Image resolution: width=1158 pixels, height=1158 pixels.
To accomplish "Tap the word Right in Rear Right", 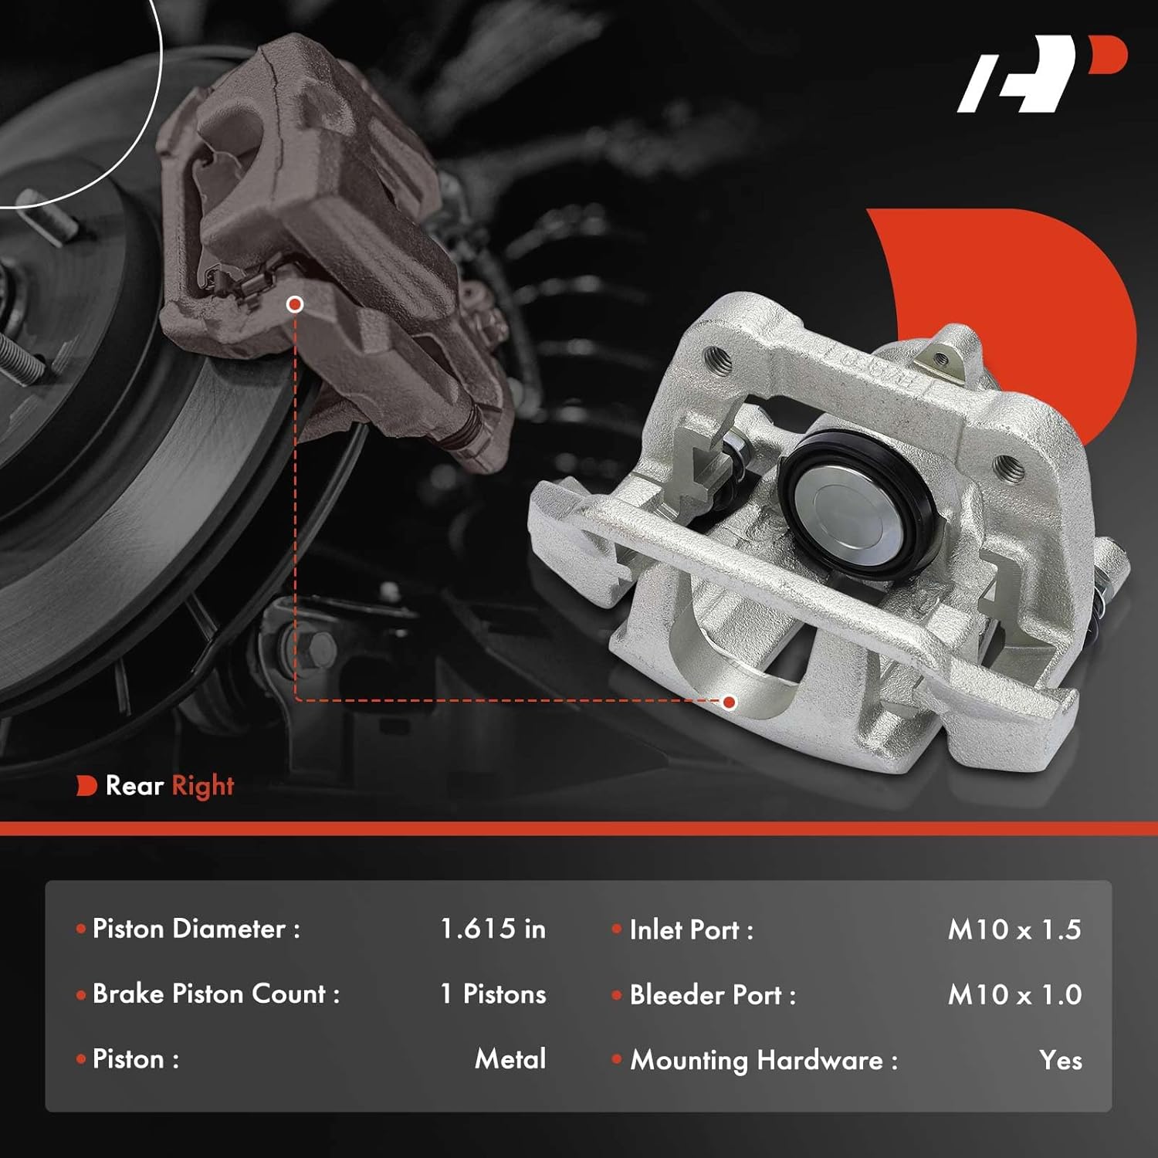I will point(202,786).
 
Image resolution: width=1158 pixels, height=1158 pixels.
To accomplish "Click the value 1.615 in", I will point(493,929).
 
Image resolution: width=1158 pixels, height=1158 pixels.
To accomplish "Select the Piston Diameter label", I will point(196,929).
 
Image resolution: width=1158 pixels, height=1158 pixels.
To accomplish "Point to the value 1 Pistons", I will point(493,994).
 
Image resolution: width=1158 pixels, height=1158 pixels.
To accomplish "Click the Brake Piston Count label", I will point(215,994).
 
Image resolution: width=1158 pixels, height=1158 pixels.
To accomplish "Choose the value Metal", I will point(510,1058).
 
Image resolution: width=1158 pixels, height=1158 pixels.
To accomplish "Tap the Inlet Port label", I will point(691,929).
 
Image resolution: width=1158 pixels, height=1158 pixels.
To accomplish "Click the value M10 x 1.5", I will point(1014,929).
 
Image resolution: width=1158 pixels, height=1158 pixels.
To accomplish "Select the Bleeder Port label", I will point(712,995).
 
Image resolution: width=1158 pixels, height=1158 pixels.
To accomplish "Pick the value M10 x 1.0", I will point(1014,995).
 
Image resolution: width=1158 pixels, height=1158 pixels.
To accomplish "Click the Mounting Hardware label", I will point(764,1060).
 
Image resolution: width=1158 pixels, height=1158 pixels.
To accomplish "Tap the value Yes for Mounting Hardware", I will point(1060,1060).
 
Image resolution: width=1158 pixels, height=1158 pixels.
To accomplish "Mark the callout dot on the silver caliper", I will point(729,702).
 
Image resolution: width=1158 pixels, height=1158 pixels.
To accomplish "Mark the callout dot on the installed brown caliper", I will point(294,304).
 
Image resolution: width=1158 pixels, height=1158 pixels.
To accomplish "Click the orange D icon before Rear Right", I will point(86,786).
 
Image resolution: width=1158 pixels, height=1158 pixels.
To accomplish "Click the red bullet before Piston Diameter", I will point(81,929).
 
